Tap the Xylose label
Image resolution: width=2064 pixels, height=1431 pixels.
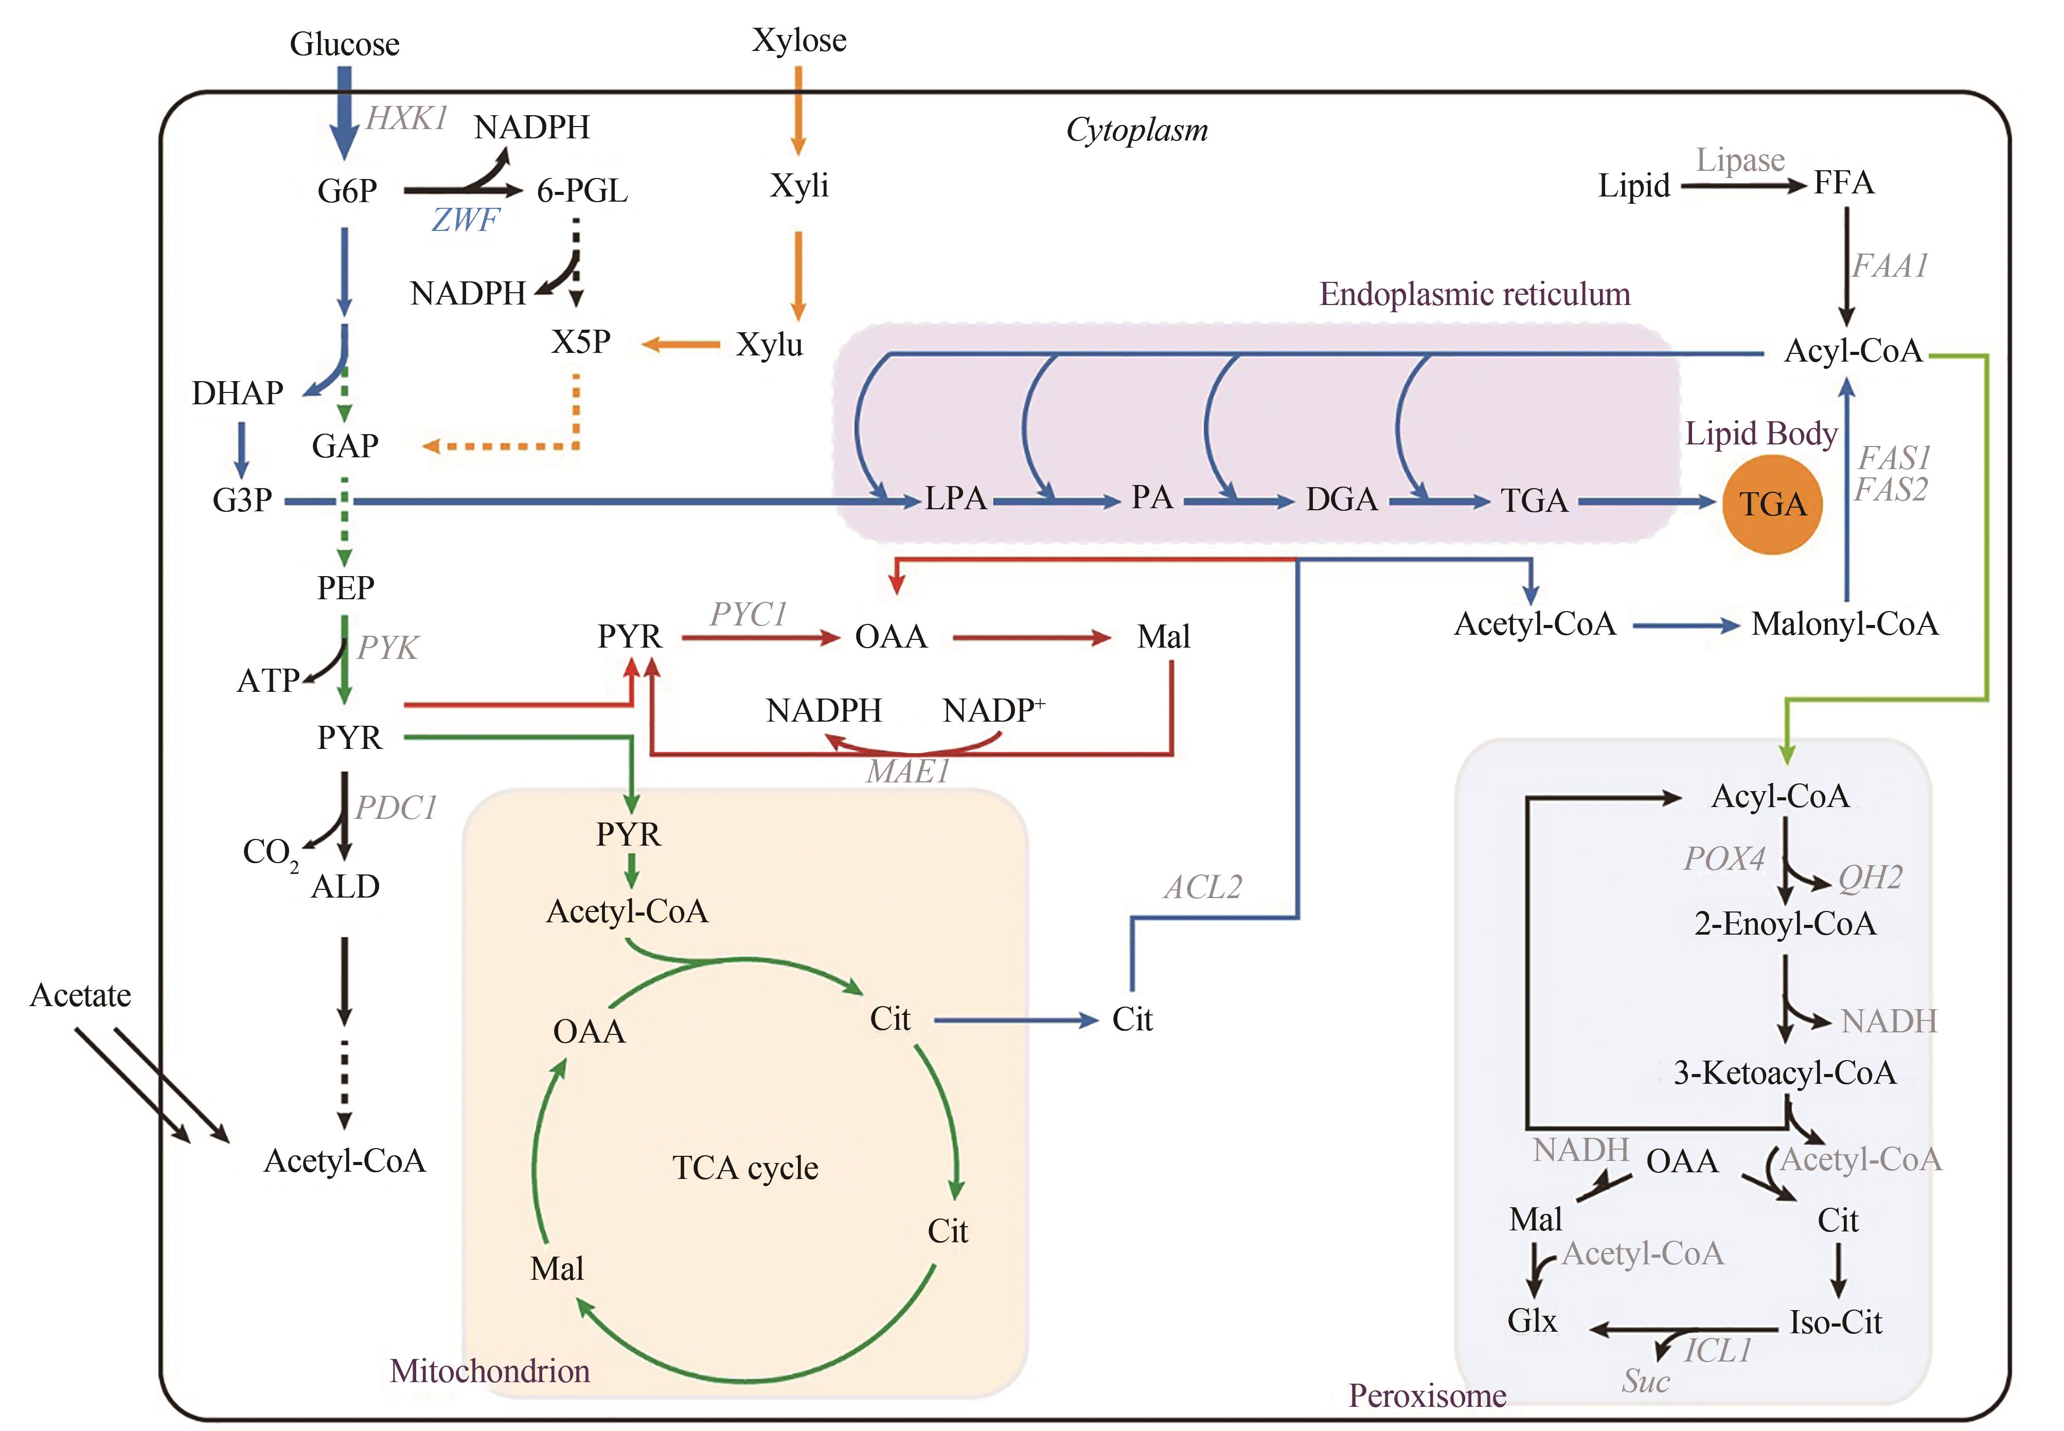pos(799,40)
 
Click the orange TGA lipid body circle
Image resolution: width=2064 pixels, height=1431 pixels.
pos(1772,504)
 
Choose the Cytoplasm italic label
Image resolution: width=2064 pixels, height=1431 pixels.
pos(1136,131)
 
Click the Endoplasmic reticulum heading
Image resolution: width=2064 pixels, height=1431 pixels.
pos(1474,294)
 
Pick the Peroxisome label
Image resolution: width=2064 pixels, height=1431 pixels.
pos(1427,1395)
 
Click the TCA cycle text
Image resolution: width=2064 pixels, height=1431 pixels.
pos(745,1168)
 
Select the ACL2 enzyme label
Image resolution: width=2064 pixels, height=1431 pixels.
pos(1202,888)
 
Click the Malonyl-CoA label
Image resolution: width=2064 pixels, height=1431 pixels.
pos(1844,624)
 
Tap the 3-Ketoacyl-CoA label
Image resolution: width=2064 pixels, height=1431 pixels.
pos(1784,1073)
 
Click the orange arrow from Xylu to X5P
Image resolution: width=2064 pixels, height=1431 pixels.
pos(681,344)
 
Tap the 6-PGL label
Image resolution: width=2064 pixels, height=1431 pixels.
pos(582,191)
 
